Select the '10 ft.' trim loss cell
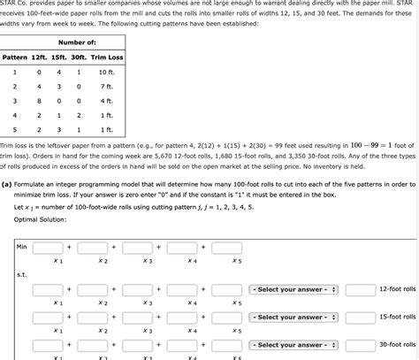click(x=107, y=72)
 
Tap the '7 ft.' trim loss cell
click(x=107, y=86)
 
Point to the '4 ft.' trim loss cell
click(x=107, y=101)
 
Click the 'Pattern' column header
click(x=15, y=57)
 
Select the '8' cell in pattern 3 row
click(x=39, y=101)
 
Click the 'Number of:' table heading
click(x=77, y=42)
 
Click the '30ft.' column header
click(x=80, y=57)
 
